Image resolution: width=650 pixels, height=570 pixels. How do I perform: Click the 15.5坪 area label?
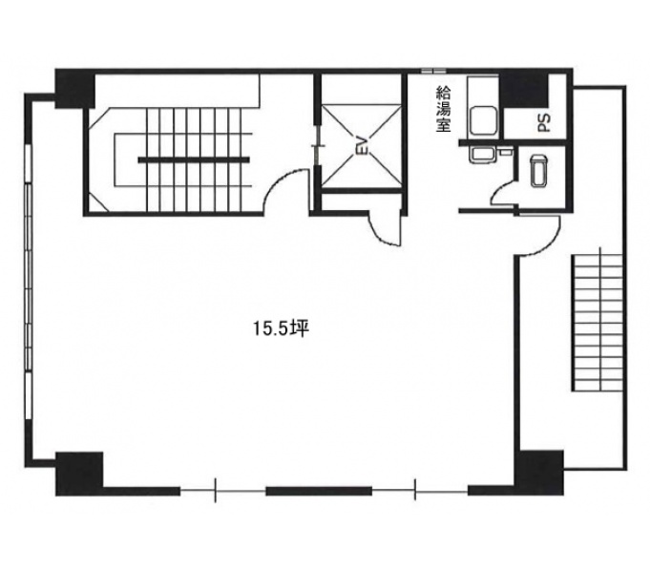pos(282,328)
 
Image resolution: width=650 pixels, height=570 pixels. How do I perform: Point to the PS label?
pos(544,123)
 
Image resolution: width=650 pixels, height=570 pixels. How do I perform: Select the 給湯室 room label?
pos(443,109)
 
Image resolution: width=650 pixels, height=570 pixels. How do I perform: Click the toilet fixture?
pos(538,171)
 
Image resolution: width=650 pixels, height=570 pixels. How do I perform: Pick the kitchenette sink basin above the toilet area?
pos(483,119)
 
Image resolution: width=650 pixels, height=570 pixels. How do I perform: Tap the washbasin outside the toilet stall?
pos(481,155)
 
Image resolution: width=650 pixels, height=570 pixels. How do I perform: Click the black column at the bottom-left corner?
pos(79,474)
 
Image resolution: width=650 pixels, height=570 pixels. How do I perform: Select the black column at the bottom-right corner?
pos(539,473)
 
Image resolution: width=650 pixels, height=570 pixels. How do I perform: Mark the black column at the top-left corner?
pos(75,89)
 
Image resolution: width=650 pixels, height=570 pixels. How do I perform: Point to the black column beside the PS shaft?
pos(524,92)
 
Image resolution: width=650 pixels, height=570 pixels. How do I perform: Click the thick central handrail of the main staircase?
pos(194,160)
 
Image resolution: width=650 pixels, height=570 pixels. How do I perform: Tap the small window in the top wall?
pos(433,71)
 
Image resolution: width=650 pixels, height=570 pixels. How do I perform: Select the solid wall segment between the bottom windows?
pos(319,492)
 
